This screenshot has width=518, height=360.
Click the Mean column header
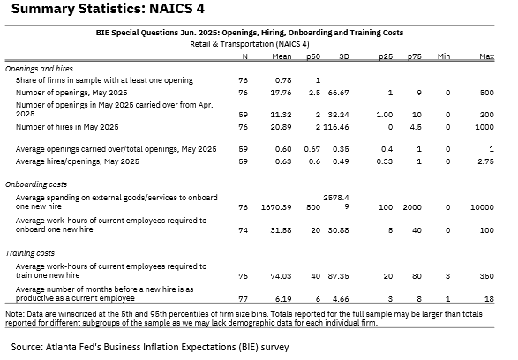[x=282, y=56]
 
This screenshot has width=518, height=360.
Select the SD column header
[x=344, y=56]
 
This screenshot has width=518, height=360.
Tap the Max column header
[x=486, y=56]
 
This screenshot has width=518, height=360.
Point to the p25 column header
[x=386, y=56]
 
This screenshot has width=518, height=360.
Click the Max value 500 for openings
[x=486, y=93]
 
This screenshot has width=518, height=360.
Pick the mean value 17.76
[x=281, y=93]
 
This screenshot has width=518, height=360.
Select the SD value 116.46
[x=336, y=127]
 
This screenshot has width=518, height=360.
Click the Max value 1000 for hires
[x=484, y=127]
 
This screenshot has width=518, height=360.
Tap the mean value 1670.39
[x=276, y=207]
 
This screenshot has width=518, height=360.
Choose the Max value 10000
[x=482, y=207]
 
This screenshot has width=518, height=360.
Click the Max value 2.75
[x=485, y=161]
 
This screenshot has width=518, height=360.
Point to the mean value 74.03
[x=281, y=276]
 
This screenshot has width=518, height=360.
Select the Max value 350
[x=486, y=276]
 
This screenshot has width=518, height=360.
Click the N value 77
[x=244, y=299]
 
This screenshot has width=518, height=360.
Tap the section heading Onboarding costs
[x=36, y=184]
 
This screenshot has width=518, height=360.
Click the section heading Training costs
[x=30, y=253]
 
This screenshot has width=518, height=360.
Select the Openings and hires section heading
[x=39, y=69]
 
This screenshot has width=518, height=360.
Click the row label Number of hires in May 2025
[x=67, y=127]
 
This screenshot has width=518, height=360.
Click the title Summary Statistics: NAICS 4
[x=108, y=8]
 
